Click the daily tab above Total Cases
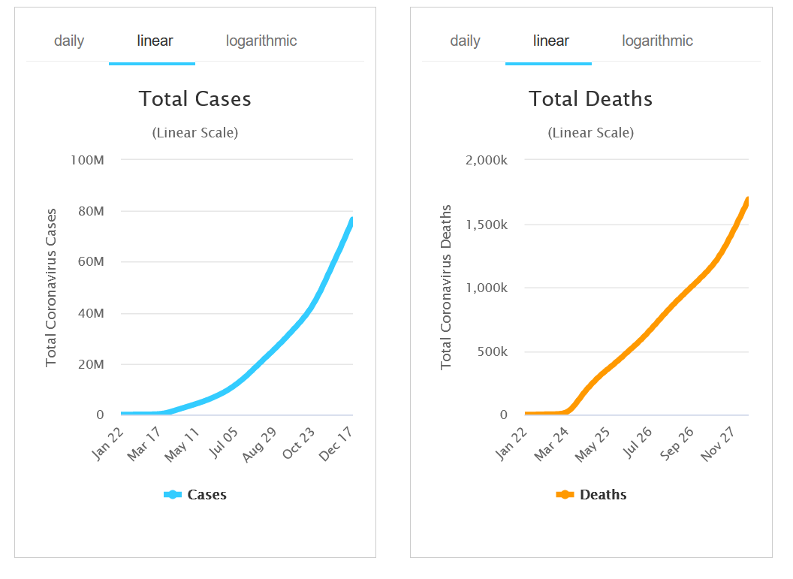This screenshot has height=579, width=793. [69, 41]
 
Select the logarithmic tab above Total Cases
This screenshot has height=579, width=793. [261, 41]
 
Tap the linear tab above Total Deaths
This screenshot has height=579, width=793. [551, 41]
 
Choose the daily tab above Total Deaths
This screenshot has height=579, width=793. [465, 41]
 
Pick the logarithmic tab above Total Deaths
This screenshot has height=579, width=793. [657, 41]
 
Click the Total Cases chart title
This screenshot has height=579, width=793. [195, 99]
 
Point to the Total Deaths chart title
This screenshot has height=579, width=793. [590, 99]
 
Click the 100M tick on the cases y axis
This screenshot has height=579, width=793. [88, 160]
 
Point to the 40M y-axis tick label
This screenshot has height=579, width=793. [91, 313]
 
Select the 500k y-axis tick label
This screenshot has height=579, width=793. [493, 351]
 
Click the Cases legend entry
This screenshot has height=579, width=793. [196, 495]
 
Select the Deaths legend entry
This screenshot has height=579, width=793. [592, 495]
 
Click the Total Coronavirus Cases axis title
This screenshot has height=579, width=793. [51, 288]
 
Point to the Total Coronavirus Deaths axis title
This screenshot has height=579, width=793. [446, 287]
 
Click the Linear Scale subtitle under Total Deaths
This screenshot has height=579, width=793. [590, 133]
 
